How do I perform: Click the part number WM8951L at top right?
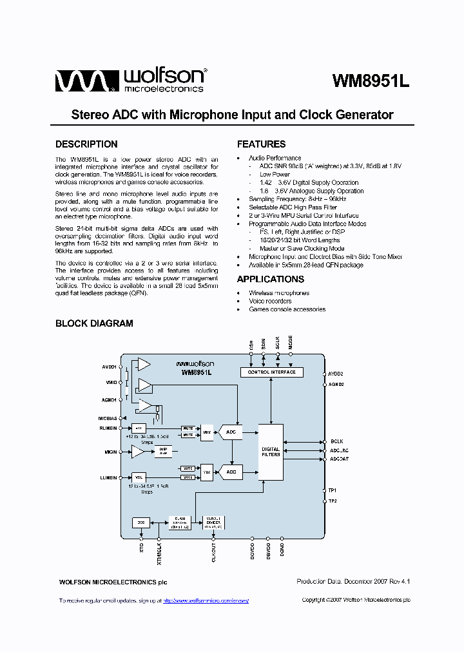click(371, 82)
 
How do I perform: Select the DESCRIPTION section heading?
click(86, 144)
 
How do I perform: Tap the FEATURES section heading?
click(261, 144)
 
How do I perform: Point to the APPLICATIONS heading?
click(270, 279)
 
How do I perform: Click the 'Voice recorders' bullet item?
click(270, 301)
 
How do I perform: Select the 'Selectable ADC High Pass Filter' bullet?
click(293, 207)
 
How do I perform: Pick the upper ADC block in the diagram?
click(231, 431)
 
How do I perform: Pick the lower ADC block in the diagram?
click(231, 472)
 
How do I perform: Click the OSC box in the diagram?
click(141, 522)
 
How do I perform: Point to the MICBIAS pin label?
click(108, 418)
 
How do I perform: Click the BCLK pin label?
click(337, 441)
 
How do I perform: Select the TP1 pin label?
click(333, 490)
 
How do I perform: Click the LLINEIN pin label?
click(108, 477)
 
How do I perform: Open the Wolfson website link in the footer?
click(206, 600)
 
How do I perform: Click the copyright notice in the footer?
click(356, 600)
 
